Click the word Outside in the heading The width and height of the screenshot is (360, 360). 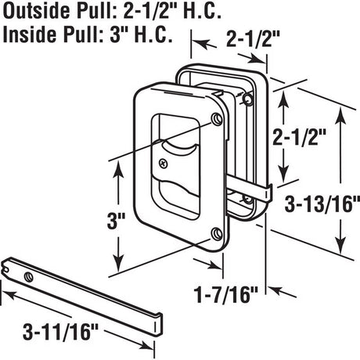point(32,12)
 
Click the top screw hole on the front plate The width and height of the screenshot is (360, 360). point(217,119)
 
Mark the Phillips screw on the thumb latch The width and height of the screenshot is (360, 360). point(163,163)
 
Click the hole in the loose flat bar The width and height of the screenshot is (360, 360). point(29,276)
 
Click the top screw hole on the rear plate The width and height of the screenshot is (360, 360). point(249,98)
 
